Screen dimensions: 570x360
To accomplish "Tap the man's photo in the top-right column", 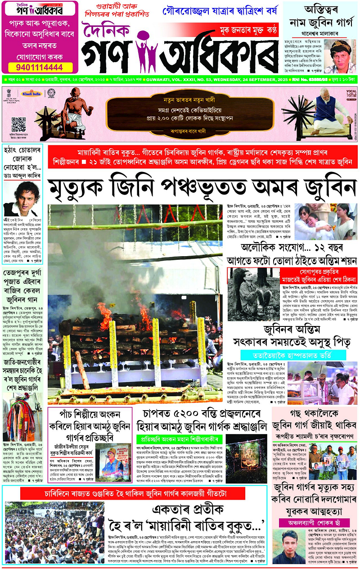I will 340,56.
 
